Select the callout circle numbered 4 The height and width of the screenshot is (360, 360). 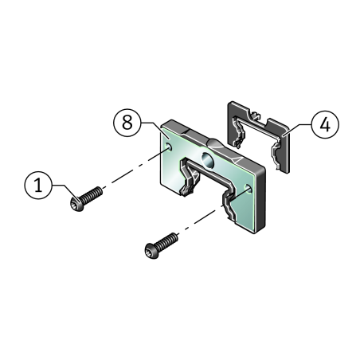pyautogui.click(x=325, y=124)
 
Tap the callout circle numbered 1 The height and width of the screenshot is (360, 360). pyautogui.click(x=38, y=185)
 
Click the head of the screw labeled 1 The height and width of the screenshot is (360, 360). pyautogui.click(x=77, y=205)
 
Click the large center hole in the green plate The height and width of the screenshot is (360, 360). pyautogui.click(x=207, y=160)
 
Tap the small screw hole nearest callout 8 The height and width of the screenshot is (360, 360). pyautogui.click(x=168, y=147)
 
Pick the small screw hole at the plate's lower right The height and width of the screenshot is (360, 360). pyautogui.click(x=248, y=188)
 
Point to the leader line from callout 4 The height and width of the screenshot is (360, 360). pyautogui.click(x=296, y=129)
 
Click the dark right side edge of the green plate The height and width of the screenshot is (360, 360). pyautogui.click(x=260, y=199)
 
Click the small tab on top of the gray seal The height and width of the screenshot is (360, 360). pyautogui.click(x=255, y=115)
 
